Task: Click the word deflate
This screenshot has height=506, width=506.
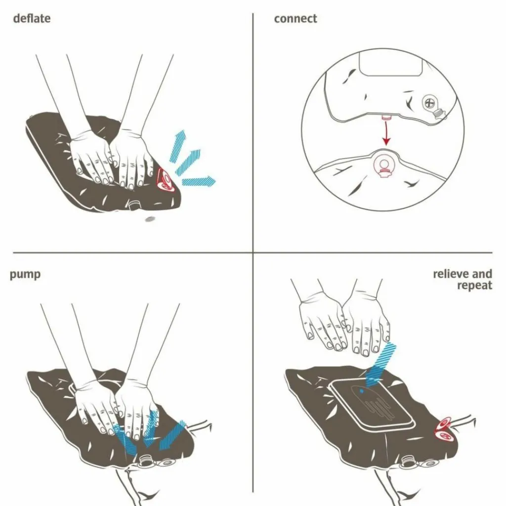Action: pyautogui.click(x=32, y=18)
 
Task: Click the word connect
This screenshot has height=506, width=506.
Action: pyautogui.click(x=295, y=19)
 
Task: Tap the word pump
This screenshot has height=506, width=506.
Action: pyautogui.click(x=25, y=275)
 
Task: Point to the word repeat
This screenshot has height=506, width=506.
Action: pyautogui.click(x=474, y=286)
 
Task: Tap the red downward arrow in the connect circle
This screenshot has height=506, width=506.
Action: pyautogui.click(x=386, y=133)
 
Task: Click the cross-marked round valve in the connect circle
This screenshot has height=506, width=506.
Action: pyautogui.click(x=429, y=103)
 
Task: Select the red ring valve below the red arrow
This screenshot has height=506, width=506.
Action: pyautogui.click(x=384, y=165)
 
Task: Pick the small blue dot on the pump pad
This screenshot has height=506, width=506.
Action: pyautogui.click(x=361, y=391)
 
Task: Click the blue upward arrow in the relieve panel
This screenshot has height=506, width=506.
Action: pyautogui.click(x=381, y=365)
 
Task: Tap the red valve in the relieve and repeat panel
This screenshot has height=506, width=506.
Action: pyautogui.click(x=446, y=429)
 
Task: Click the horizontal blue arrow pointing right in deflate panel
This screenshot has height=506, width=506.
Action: pyautogui.click(x=199, y=181)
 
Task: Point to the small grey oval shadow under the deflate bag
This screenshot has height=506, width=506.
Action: pyautogui.click(x=149, y=219)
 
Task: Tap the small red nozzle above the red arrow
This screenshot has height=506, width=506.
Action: pyautogui.click(x=385, y=117)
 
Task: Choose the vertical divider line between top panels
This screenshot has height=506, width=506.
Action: pyautogui.click(x=253, y=132)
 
